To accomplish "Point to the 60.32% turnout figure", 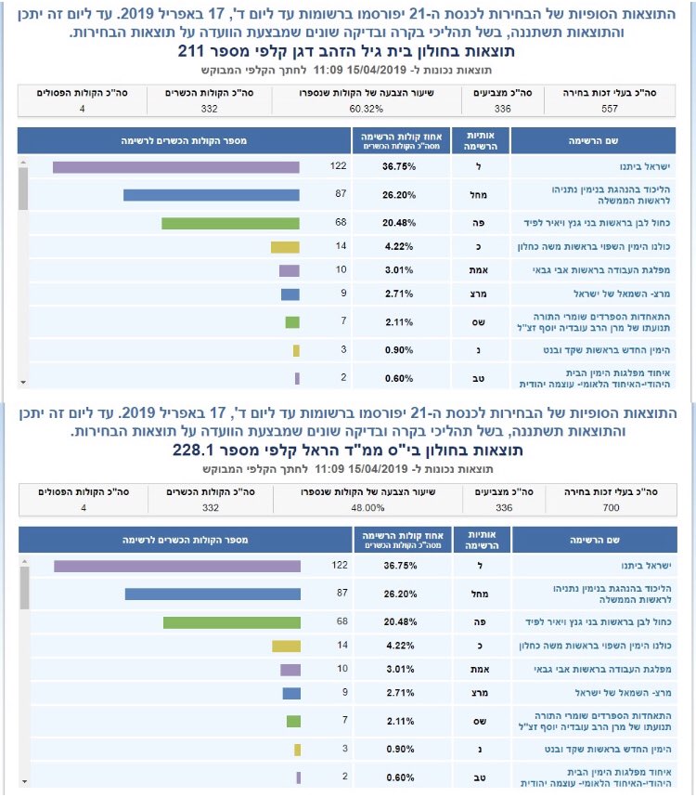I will coord(367,108).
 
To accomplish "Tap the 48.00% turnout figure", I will coord(367,507).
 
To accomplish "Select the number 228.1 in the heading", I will coord(194,451).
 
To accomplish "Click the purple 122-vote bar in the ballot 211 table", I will coord(176,166).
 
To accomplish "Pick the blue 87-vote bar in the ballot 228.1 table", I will coord(213,594).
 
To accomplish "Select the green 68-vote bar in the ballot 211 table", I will coord(230,223).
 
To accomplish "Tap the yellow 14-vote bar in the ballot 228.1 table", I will coord(287,646).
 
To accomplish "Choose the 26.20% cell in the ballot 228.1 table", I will coord(400,594).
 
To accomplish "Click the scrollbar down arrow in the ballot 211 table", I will coord(24,382).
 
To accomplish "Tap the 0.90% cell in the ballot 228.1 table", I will coord(400,750).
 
